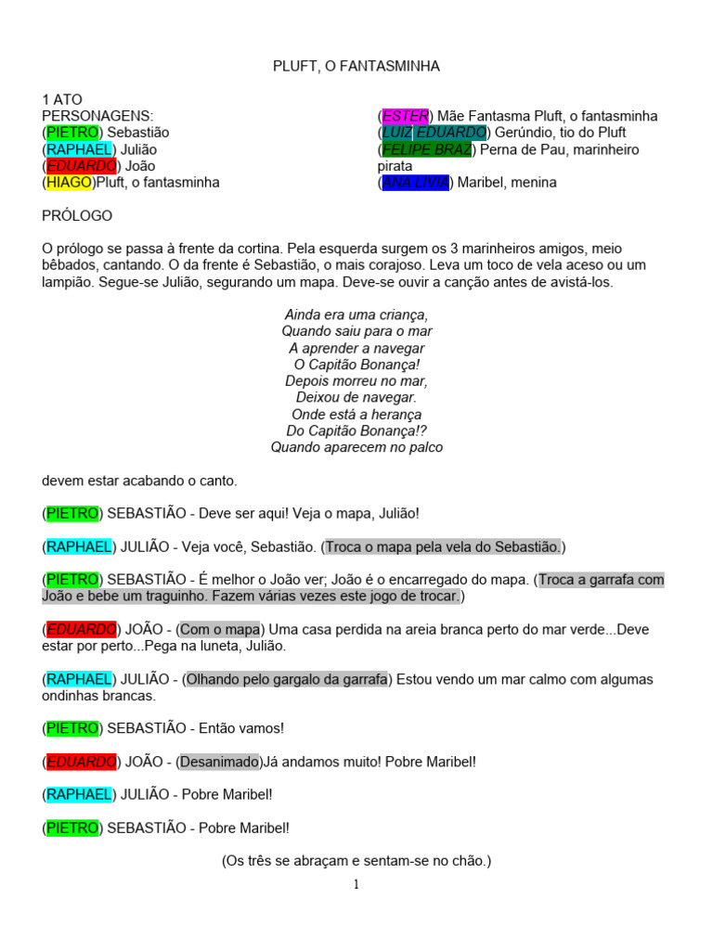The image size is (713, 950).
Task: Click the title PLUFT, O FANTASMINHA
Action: pyautogui.click(x=356, y=66)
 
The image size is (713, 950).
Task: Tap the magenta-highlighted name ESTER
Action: pyautogui.click(x=406, y=116)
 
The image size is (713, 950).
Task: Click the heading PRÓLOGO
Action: pyautogui.click(x=77, y=216)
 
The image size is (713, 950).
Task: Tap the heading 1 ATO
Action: pyautogui.click(x=62, y=99)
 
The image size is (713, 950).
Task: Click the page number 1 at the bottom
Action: pyautogui.click(x=356, y=884)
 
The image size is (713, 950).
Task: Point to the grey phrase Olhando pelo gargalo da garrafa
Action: pyautogui.click(x=287, y=678)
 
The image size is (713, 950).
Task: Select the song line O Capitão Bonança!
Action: pyautogui.click(x=356, y=365)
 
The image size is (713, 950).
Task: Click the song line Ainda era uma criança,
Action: pyautogui.click(x=356, y=315)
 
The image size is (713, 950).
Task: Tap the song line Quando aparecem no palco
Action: pyautogui.click(x=356, y=447)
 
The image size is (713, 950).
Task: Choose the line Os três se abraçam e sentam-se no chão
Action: pyautogui.click(x=356, y=861)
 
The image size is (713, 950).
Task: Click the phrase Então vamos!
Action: pyautogui.click(x=229, y=728)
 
